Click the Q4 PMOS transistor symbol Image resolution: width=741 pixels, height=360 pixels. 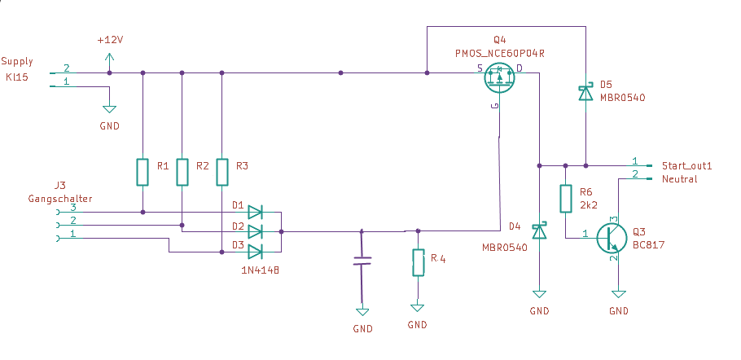(x=499, y=77)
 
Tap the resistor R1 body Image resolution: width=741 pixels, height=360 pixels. (x=142, y=172)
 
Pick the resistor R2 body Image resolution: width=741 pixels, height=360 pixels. (x=182, y=172)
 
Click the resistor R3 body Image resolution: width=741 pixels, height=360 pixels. (x=221, y=172)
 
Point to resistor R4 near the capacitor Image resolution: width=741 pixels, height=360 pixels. (x=419, y=262)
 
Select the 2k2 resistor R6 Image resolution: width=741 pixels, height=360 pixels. (x=566, y=199)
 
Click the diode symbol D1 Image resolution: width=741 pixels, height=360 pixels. (x=255, y=212)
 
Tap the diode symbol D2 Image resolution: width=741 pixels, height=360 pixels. (x=255, y=232)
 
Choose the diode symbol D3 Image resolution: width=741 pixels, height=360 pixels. (x=255, y=252)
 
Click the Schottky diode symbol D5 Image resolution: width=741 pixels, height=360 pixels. (x=586, y=93)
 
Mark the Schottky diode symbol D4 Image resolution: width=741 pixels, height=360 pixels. (x=539, y=231)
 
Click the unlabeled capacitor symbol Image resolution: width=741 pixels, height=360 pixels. (x=362, y=261)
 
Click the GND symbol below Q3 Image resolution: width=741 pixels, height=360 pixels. (x=619, y=294)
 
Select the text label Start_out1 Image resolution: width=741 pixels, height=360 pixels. (x=686, y=166)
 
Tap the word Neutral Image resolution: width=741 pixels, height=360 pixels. (x=680, y=179)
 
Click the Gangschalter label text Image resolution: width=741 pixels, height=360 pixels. (x=60, y=199)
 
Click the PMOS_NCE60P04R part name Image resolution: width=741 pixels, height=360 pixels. (x=499, y=54)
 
